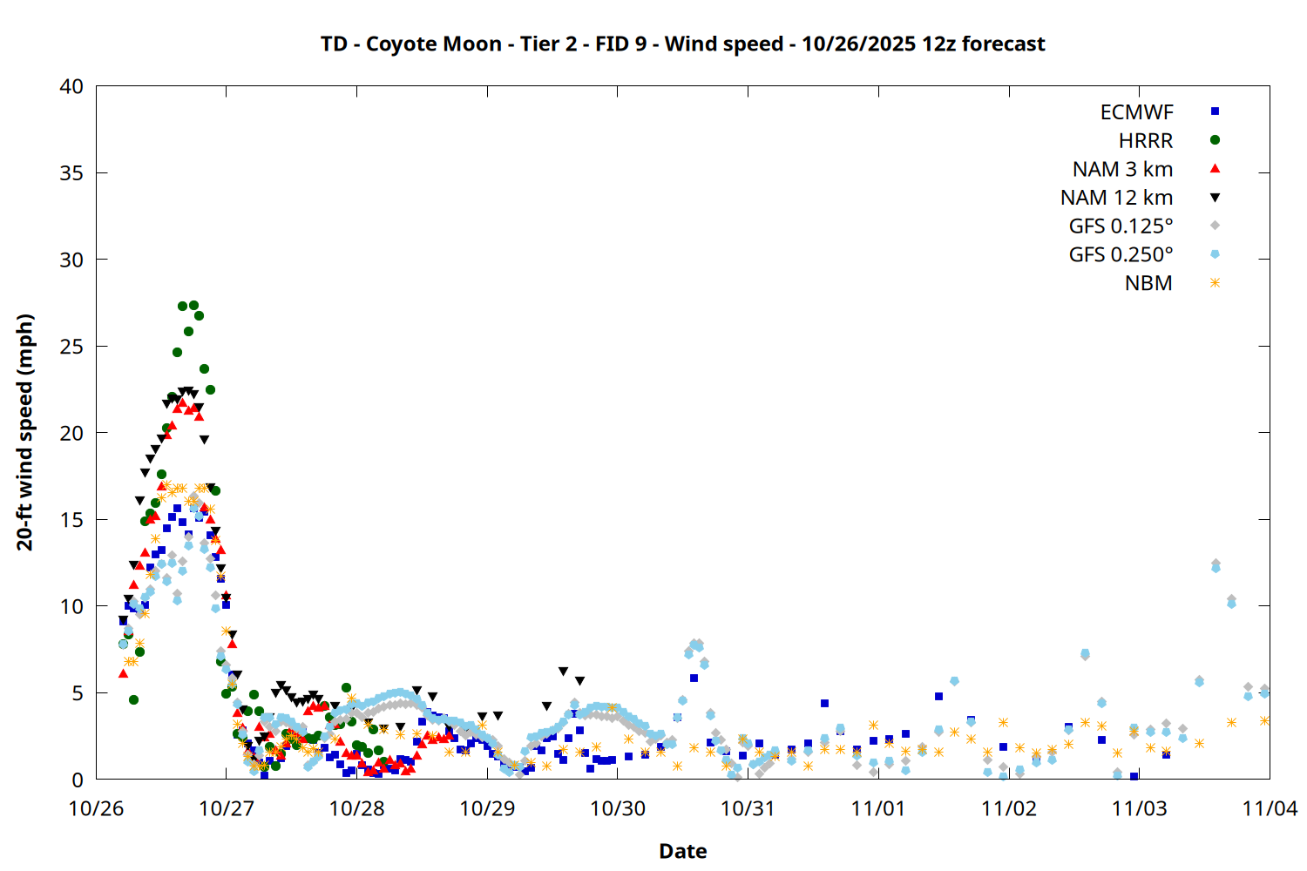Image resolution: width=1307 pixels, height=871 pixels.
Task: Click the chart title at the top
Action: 682,44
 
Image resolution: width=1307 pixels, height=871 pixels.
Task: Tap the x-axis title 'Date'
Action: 682,851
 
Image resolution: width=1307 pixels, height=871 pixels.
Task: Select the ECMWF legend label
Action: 1136,112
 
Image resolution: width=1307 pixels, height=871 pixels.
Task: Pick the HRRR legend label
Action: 1146,141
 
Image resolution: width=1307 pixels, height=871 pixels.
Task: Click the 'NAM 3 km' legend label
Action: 1122,169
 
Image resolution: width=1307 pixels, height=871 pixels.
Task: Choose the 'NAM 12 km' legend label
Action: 1116,198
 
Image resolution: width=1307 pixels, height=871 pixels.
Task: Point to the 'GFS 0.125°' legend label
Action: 1121,226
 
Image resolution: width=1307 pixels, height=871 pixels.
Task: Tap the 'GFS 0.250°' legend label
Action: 1121,255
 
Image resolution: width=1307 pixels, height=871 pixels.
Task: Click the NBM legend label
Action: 1148,283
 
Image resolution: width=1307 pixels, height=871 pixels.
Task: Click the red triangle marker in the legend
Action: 1215,168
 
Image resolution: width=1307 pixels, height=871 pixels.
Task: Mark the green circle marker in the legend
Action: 1215,140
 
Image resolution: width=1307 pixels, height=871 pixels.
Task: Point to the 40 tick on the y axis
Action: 72,86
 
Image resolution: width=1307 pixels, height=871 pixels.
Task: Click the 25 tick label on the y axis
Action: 72,347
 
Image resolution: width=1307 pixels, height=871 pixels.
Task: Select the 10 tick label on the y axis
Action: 72,606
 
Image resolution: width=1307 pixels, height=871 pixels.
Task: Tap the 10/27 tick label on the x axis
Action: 227,808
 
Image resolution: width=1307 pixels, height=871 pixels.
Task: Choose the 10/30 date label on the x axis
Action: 618,808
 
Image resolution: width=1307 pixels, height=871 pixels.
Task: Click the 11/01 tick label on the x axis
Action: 878,808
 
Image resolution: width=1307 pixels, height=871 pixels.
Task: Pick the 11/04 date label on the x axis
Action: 1270,808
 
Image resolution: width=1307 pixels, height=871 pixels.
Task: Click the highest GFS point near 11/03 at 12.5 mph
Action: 1216,564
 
